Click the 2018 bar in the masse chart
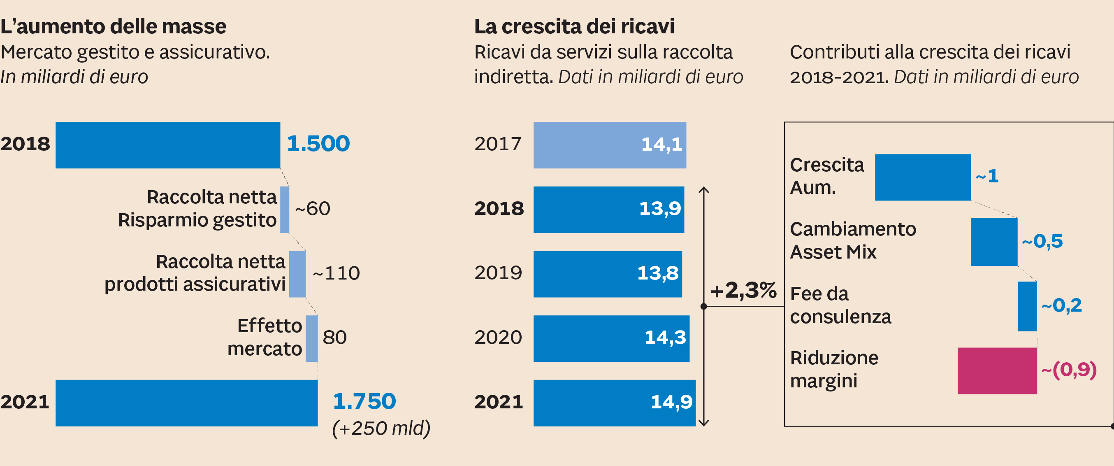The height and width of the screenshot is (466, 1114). tap(168, 145)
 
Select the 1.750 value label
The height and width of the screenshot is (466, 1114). tap(364, 401)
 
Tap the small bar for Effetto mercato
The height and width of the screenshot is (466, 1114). tap(311, 338)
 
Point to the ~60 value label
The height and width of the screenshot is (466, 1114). tap(312, 209)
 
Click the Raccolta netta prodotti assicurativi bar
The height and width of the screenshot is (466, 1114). tap(297, 274)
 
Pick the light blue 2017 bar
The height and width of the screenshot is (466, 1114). tap(609, 145)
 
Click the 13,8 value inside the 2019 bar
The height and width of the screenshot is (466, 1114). tap(657, 273)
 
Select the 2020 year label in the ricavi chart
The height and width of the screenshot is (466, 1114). tap(498, 338)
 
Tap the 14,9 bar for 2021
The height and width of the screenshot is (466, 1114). tap(614, 403)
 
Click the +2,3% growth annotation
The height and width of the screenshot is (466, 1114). tap(743, 290)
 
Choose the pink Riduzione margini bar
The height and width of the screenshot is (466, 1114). tap(997, 370)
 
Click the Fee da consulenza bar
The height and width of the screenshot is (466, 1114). tap(1027, 306)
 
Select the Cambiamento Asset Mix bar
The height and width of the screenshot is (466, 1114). tap(994, 242)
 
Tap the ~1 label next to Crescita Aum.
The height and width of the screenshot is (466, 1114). tap(987, 176)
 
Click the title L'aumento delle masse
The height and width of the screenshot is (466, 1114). tap(113, 26)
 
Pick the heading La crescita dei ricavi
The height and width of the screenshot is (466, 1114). tap(574, 26)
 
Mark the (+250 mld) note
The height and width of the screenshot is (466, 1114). tap(381, 429)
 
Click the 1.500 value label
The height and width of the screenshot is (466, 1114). tap(318, 144)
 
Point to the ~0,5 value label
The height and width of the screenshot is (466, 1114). tap(1042, 241)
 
